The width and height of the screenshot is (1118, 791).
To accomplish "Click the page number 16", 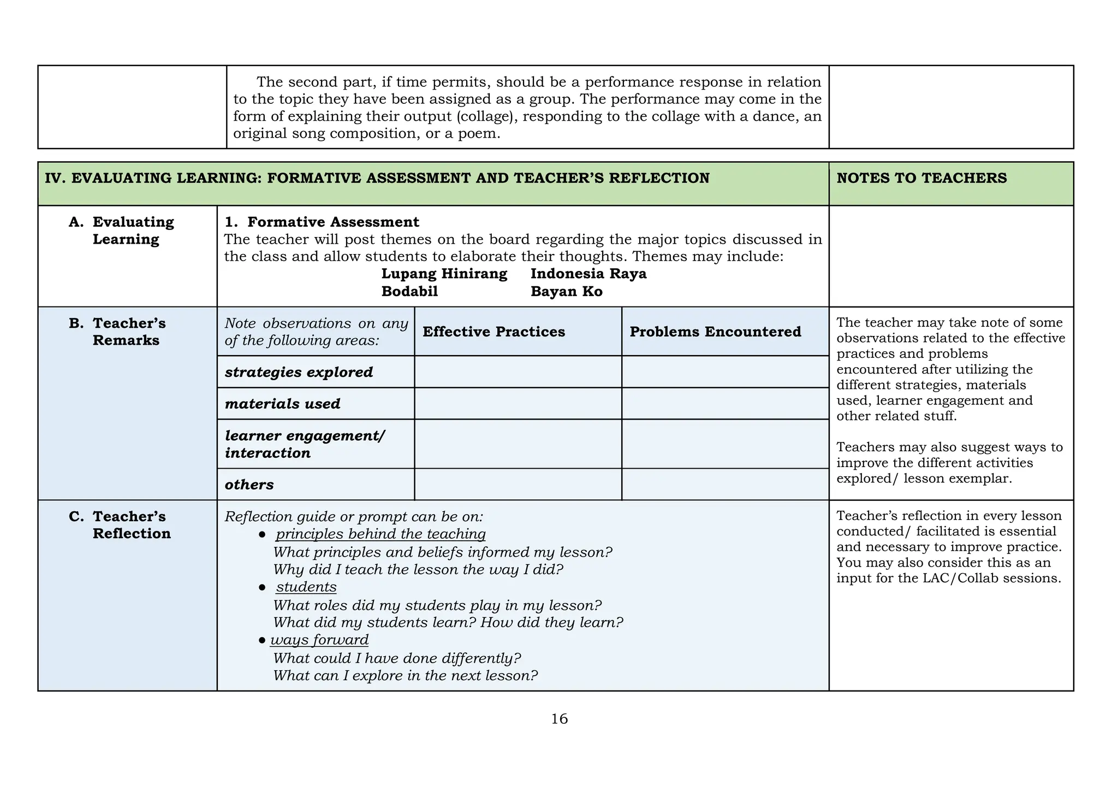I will (x=559, y=719).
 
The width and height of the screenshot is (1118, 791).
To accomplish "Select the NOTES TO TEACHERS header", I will (x=921, y=178).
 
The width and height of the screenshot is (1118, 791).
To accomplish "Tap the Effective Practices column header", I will (x=493, y=332).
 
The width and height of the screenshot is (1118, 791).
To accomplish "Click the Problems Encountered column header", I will (x=715, y=332).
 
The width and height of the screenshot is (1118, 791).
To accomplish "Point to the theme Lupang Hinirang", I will (x=444, y=274).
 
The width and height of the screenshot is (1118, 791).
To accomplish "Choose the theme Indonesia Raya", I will (x=588, y=274).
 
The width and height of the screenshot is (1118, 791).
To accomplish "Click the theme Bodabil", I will (x=409, y=291).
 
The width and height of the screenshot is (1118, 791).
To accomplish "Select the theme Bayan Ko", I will (x=566, y=291).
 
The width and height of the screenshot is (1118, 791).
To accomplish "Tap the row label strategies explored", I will (x=299, y=372).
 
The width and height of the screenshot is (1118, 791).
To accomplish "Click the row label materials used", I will (x=282, y=404).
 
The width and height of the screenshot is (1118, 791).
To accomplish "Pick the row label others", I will (x=249, y=485).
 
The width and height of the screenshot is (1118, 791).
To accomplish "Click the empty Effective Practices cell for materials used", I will (x=518, y=404).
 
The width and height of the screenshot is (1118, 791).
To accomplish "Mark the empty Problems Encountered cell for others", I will (x=725, y=485).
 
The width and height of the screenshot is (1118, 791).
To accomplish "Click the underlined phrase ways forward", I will (x=319, y=640).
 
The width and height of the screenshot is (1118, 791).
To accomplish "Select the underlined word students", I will (x=306, y=587).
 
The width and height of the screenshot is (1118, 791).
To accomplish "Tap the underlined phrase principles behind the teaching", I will (x=380, y=534).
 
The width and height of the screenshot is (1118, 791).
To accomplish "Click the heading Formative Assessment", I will (x=333, y=222).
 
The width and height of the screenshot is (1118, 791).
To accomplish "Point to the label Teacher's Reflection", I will (x=130, y=525).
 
